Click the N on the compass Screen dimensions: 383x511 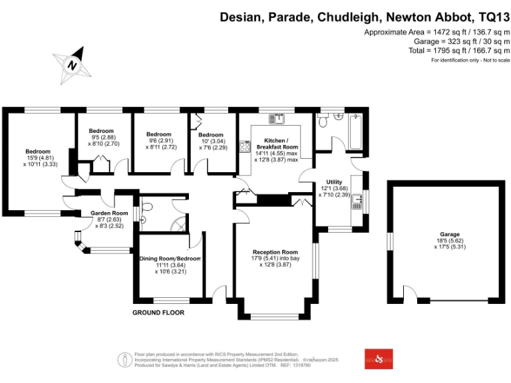pyautogui.click(x=71, y=65)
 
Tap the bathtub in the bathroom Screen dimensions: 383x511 pyautogui.click(x=355, y=132)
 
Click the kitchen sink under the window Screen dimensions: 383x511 pyautogui.click(x=277, y=119)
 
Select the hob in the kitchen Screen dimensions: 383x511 pyautogui.click(x=246, y=146)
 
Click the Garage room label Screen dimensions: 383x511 pyautogui.click(x=449, y=235)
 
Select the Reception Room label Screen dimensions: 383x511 pyautogui.click(x=275, y=252)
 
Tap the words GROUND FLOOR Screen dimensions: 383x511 pyautogui.click(x=158, y=313)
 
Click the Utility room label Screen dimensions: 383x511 pyautogui.click(x=334, y=182)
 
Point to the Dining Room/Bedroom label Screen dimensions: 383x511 pyautogui.click(x=170, y=258)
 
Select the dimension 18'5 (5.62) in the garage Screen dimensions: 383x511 pyautogui.click(x=449, y=241)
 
